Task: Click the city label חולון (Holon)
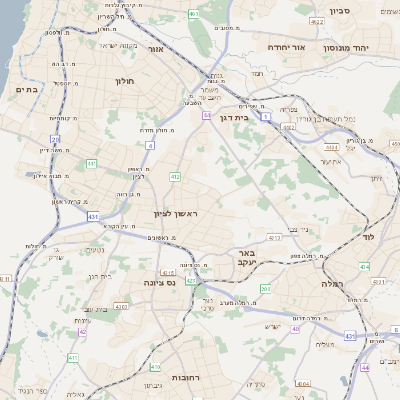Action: [x=125, y=81]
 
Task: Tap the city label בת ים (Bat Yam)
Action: [x=26, y=90]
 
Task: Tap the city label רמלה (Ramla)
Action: [x=333, y=284]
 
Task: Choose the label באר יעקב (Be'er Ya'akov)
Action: [x=246, y=258]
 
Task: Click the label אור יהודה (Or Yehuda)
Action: [x=291, y=47]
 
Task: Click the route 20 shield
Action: [x=55, y=140]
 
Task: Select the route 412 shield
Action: [x=175, y=177]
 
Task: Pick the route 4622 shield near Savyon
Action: [x=317, y=20]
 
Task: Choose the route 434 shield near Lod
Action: [x=364, y=267]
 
